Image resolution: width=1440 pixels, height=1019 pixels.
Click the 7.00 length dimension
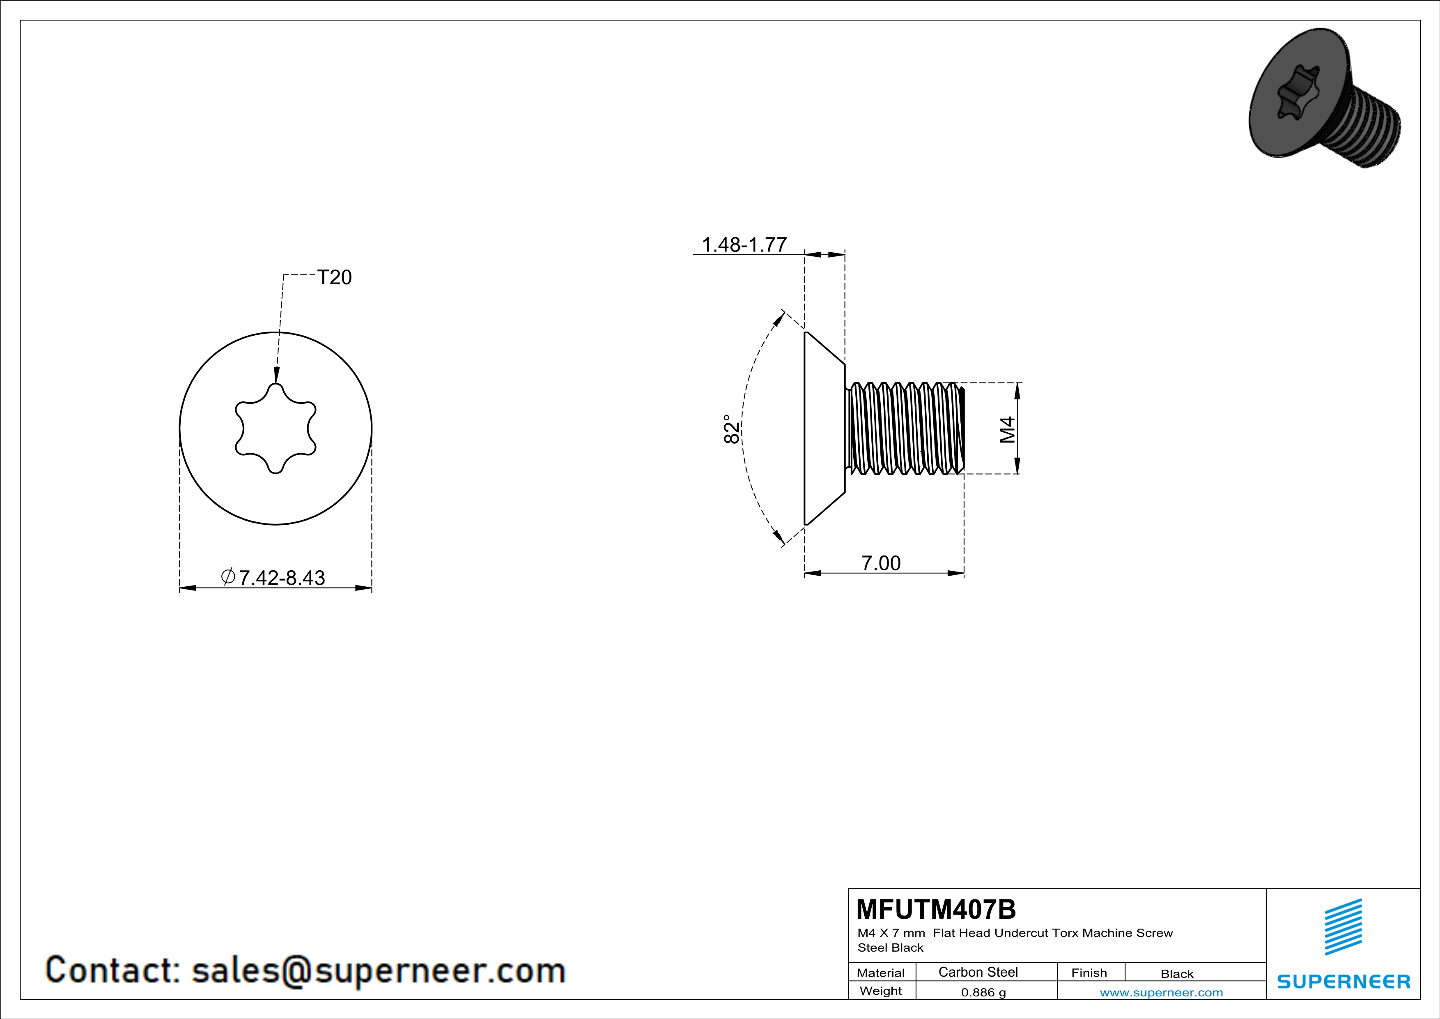881,563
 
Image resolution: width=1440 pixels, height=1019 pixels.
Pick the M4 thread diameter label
1007,429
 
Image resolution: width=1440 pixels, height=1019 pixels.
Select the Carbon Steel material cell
978,972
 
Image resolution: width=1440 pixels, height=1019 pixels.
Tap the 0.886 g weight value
983,992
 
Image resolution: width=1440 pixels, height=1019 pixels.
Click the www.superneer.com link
1161,992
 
